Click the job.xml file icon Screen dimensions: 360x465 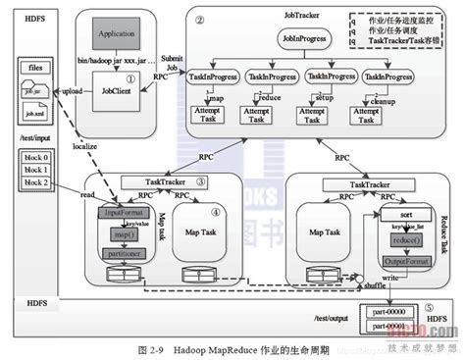click(x=34, y=113)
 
